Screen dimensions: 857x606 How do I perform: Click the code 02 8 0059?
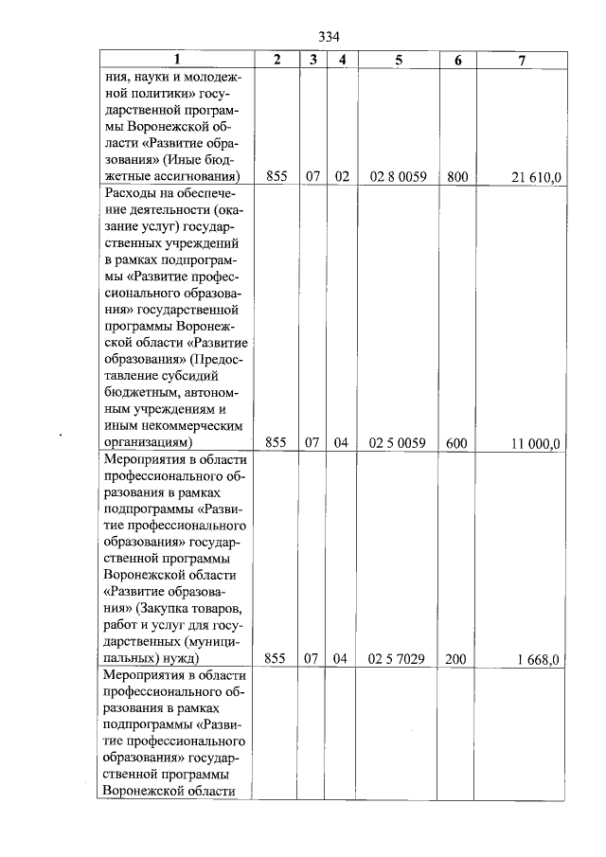click(x=397, y=177)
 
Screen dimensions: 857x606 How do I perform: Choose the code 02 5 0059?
click(x=397, y=442)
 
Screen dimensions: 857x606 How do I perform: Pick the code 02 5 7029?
click(x=397, y=658)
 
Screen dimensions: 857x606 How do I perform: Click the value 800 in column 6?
click(x=457, y=177)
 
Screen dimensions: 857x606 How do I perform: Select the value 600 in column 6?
click(x=457, y=442)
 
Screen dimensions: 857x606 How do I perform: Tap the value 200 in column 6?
click(x=456, y=658)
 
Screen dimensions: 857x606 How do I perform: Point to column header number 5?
click(x=398, y=60)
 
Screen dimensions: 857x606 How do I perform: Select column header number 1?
click(x=176, y=60)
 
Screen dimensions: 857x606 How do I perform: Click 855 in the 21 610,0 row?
click(x=276, y=177)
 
